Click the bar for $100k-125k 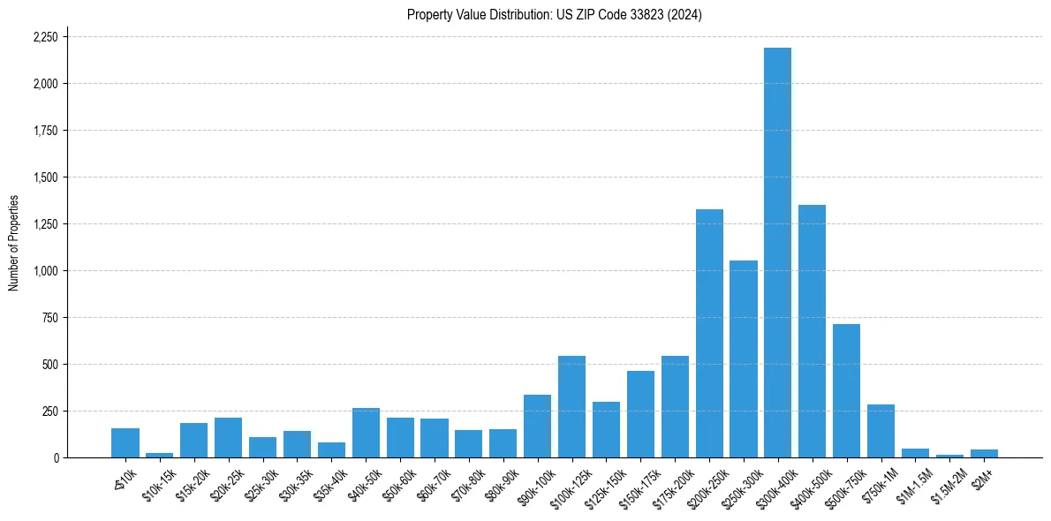pos(571,406)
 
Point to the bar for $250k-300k pos(744,359)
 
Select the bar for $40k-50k pos(366,433)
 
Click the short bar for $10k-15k pos(160,455)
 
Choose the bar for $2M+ pos(984,453)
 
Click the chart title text pos(554,15)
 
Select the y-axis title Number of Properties pos(14,242)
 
